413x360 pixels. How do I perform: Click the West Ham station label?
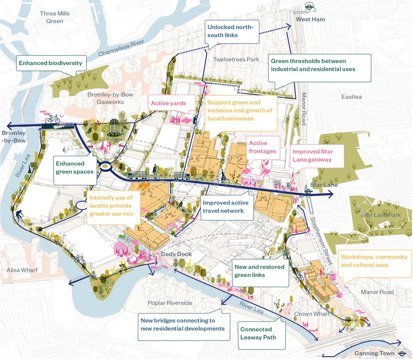point(310,19)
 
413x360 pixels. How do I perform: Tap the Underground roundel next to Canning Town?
point(401,353)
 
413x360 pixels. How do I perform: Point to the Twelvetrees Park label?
point(236,59)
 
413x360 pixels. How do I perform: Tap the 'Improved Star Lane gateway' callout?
point(317,156)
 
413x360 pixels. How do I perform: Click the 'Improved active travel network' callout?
point(224,207)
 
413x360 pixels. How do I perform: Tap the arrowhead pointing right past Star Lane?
point(330,194)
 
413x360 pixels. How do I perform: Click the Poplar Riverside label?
point(165,303)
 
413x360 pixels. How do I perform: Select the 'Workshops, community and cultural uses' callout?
point(374,261)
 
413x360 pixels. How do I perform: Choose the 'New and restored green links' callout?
point(259,271)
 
